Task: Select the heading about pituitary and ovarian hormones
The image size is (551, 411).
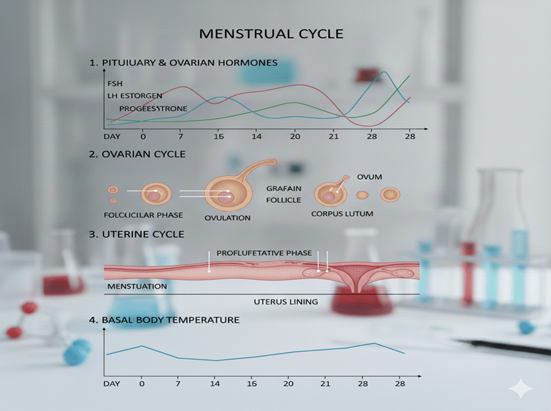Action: (x=183, y=63)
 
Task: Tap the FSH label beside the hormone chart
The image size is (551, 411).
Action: (x=115, y=83)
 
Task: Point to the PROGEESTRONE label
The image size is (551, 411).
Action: (x=153, y=108)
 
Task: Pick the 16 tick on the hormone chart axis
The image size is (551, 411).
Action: (x=219, y=136)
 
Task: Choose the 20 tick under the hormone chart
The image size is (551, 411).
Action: (x=295, y=136)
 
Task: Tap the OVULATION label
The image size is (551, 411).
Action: (x=227, y=218)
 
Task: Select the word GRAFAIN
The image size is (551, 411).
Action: (x=283, y=188)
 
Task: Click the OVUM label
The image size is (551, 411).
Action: (x=369, y=177)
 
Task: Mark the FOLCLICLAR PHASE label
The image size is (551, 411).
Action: (x=143, y=215)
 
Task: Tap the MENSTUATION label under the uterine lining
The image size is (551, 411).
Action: (x=137, y=287)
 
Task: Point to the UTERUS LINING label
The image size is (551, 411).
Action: (x=285, y=302)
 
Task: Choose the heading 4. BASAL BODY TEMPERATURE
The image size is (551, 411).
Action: (x=164, y=320)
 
